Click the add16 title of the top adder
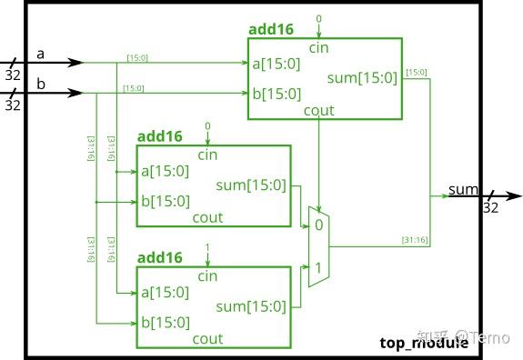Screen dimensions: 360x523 pos(270,30)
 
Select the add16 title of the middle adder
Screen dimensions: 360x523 pos(160,136)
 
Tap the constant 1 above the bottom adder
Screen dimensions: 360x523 pos(207,247)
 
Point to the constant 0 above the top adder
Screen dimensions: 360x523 pos(317,19)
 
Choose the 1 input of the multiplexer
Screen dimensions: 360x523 pos(317,268)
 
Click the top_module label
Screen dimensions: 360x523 pos(424,343)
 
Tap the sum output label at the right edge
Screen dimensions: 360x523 pos(463,189)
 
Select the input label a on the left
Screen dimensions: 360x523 pos(40,54)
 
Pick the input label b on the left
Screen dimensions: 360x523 pos(40,85)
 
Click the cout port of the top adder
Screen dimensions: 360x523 pos(317,111)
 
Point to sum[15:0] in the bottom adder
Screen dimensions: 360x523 pos(251,306)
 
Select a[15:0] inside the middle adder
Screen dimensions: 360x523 pos(165,171)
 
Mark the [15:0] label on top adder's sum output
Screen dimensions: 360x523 pos(414,72)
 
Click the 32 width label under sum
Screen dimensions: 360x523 pos(490,207)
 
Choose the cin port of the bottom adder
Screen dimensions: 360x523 pos(207,275)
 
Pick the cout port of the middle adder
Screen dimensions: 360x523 pos(207,218)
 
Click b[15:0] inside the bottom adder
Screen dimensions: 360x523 pos(165,323)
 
